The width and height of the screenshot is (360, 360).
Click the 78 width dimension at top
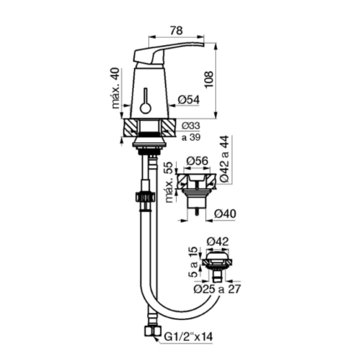(x=177, y=30)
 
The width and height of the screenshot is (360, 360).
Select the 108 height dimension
(x=209, y=80)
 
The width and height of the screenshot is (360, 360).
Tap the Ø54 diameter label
(x=189, y=100)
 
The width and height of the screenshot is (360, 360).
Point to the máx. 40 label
(x=116, y=88)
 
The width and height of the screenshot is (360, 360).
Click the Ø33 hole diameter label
(x=191, y=126)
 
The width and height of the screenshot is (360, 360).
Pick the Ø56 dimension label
(x=197, y=161)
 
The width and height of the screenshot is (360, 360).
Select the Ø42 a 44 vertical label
(x=224, y=159)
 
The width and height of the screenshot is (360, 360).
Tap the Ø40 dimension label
(x=225, y=213)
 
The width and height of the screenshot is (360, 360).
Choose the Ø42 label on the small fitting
(x=218, y=241)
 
